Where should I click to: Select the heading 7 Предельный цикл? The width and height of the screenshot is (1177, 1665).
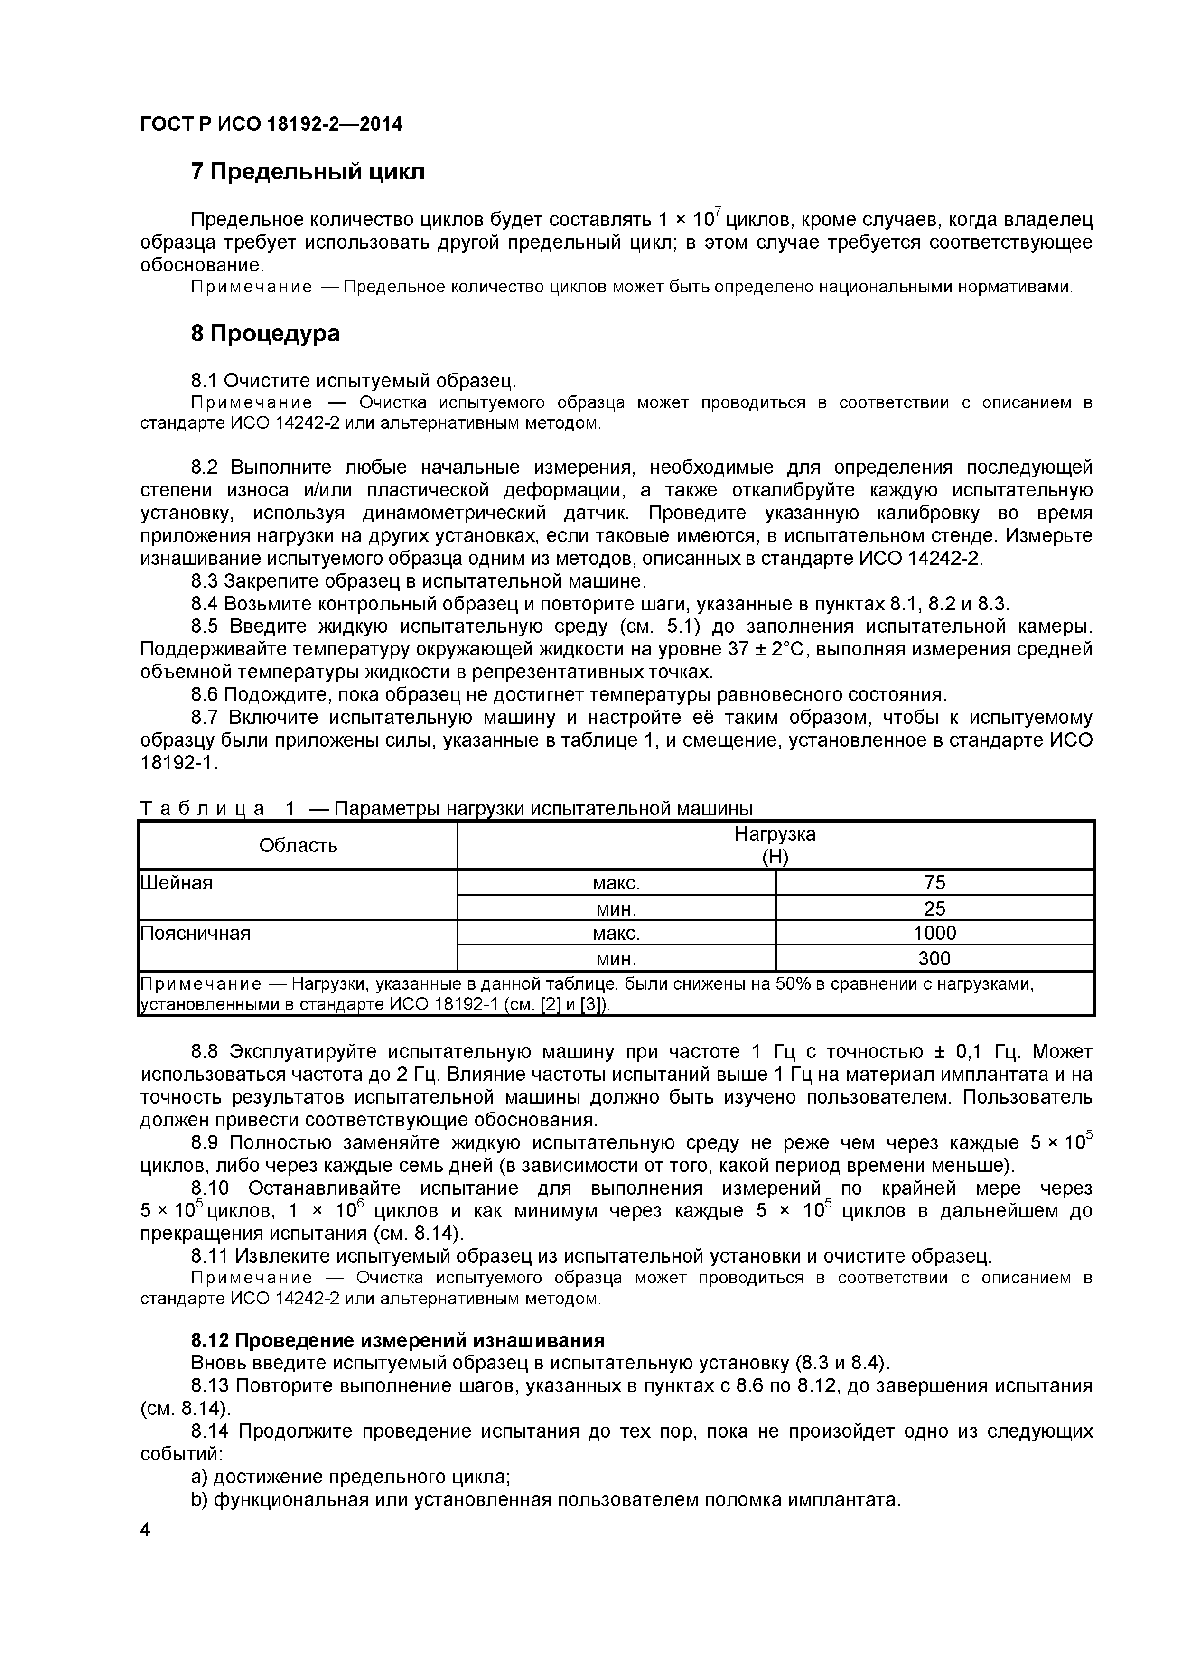point(308,172)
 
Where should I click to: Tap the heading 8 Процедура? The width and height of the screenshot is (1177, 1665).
point(265,334)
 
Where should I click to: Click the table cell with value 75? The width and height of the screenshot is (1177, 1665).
point(934,882)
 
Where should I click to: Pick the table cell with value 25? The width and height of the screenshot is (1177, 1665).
point(934,908)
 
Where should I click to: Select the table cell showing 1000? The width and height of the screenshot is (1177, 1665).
point(934,933)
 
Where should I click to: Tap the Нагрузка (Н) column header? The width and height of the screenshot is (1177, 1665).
point(775,845)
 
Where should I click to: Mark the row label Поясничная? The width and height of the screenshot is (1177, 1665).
point(195,933)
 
